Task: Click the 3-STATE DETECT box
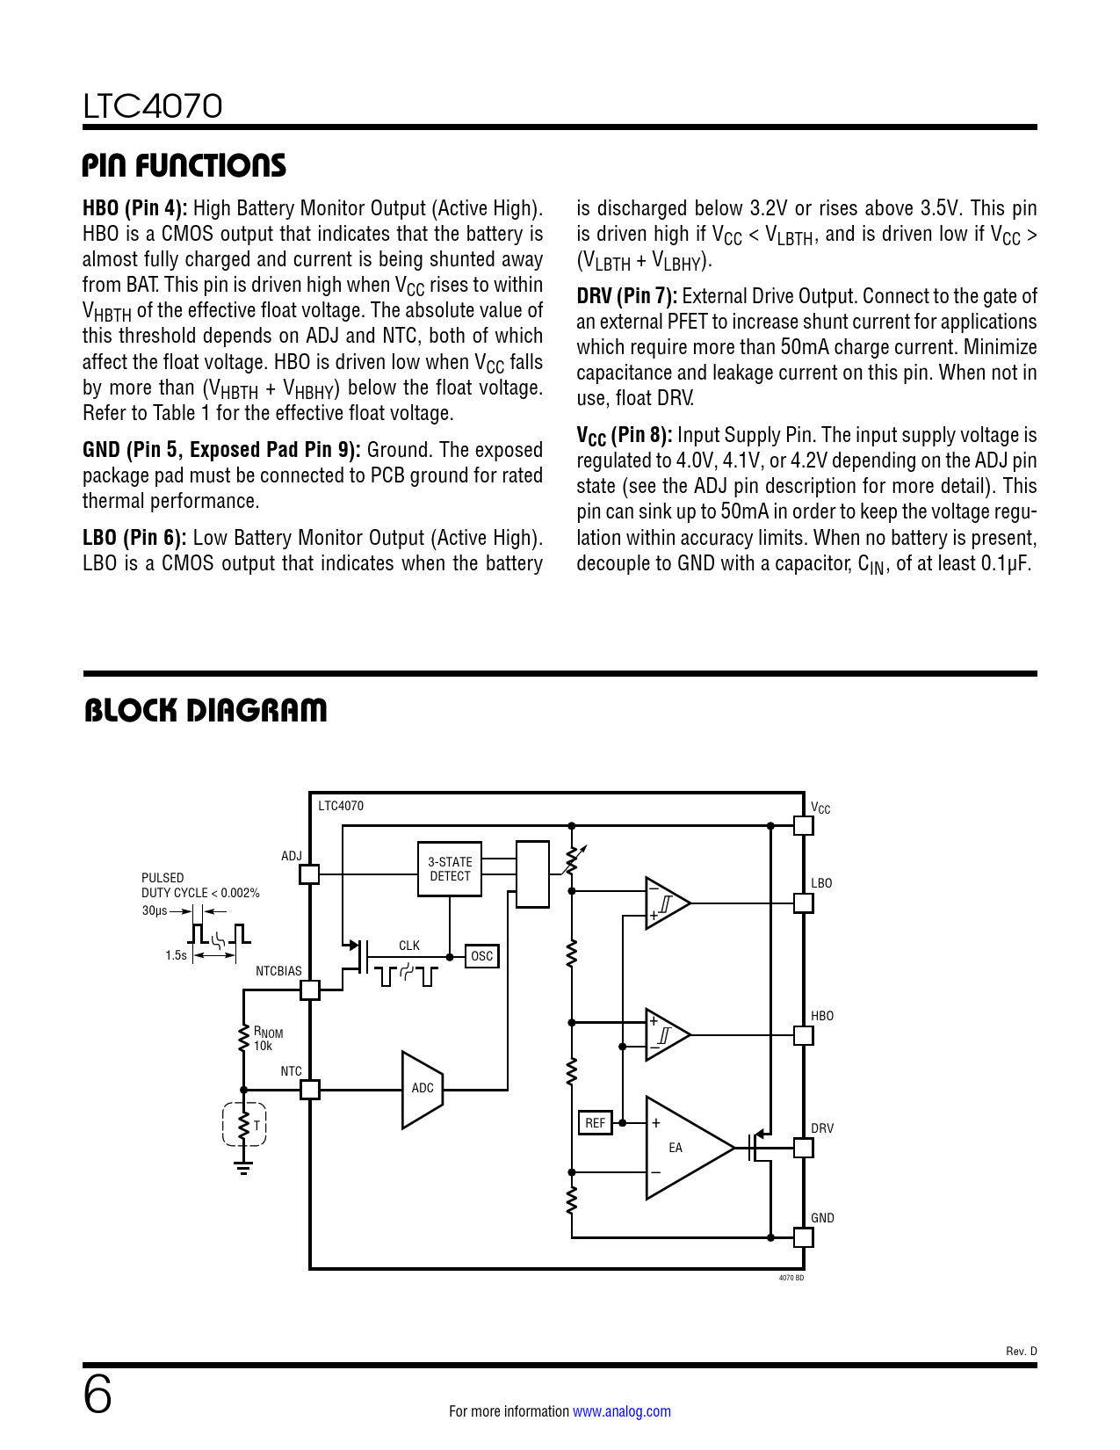click(450, 869)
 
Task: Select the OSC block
click(481, 956)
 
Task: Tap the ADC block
click(423, 1088)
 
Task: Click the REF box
click(595, 1123)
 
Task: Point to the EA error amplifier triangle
click(685, 1148)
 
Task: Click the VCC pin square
click(803, 825)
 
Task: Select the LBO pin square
click(803, 903)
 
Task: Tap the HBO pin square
click(803, 1035)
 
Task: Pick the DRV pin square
click(803, 1148)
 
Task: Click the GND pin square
click(803, 1237)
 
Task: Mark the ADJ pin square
click(309, 874)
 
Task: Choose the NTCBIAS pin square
click(310, 990)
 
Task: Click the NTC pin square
click(310, 1090)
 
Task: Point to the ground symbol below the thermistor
click(243, 1167)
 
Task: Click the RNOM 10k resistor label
click(267, 1039)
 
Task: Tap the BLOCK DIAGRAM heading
click(206, 710)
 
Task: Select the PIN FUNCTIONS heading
click(184, 165)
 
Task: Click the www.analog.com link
click(621, 1411)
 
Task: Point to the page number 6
click(98, 1396)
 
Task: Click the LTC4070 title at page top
click(153, 106)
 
